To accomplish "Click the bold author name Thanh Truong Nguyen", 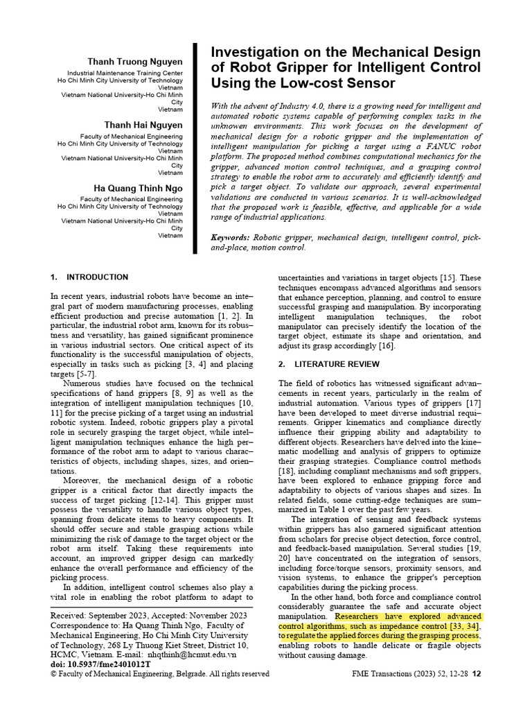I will point(135,62).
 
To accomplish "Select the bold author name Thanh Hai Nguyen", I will point(143,125).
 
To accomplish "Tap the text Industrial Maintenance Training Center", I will point(125,73).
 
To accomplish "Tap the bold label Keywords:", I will point(230,237).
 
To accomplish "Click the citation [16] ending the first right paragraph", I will point(386,346).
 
